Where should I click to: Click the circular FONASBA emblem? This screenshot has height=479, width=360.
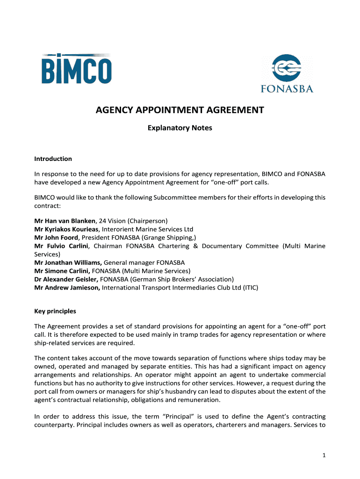coord(287,69)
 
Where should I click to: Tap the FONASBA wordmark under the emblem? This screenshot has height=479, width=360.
coord(287,89)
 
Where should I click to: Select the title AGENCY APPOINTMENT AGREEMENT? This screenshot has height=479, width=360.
coord(180,110)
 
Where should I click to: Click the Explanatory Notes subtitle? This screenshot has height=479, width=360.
coord(180,128)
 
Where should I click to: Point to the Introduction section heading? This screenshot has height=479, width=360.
coord(53,159)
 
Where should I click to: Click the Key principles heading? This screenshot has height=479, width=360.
coord(55,311)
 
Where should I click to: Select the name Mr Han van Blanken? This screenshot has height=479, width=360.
coord(65,220)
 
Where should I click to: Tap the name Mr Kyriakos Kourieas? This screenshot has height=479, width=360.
coord(66,229)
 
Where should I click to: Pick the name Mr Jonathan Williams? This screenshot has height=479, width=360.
coord(68,262)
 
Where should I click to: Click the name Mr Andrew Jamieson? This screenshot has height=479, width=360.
coord(67,288)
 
